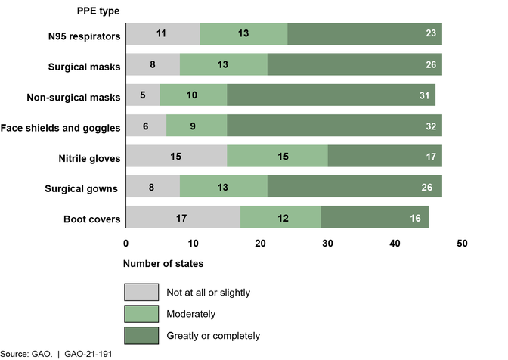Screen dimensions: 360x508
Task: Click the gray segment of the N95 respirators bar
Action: pos(163,34)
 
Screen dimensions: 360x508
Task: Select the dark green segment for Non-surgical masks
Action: pos(331,95)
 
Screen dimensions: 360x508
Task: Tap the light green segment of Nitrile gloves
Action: pos(277,157)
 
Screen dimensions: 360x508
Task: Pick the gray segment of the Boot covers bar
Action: pos(182,218)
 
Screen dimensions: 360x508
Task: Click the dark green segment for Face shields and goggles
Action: pos(334,126)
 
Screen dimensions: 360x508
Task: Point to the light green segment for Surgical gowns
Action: pos(224,187)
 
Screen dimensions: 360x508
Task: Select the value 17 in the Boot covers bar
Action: pos(182,218)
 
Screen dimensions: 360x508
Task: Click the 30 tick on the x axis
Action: pos(327,244)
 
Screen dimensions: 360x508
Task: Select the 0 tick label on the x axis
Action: pos(125,244)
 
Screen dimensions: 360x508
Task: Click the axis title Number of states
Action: pos(163,264)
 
